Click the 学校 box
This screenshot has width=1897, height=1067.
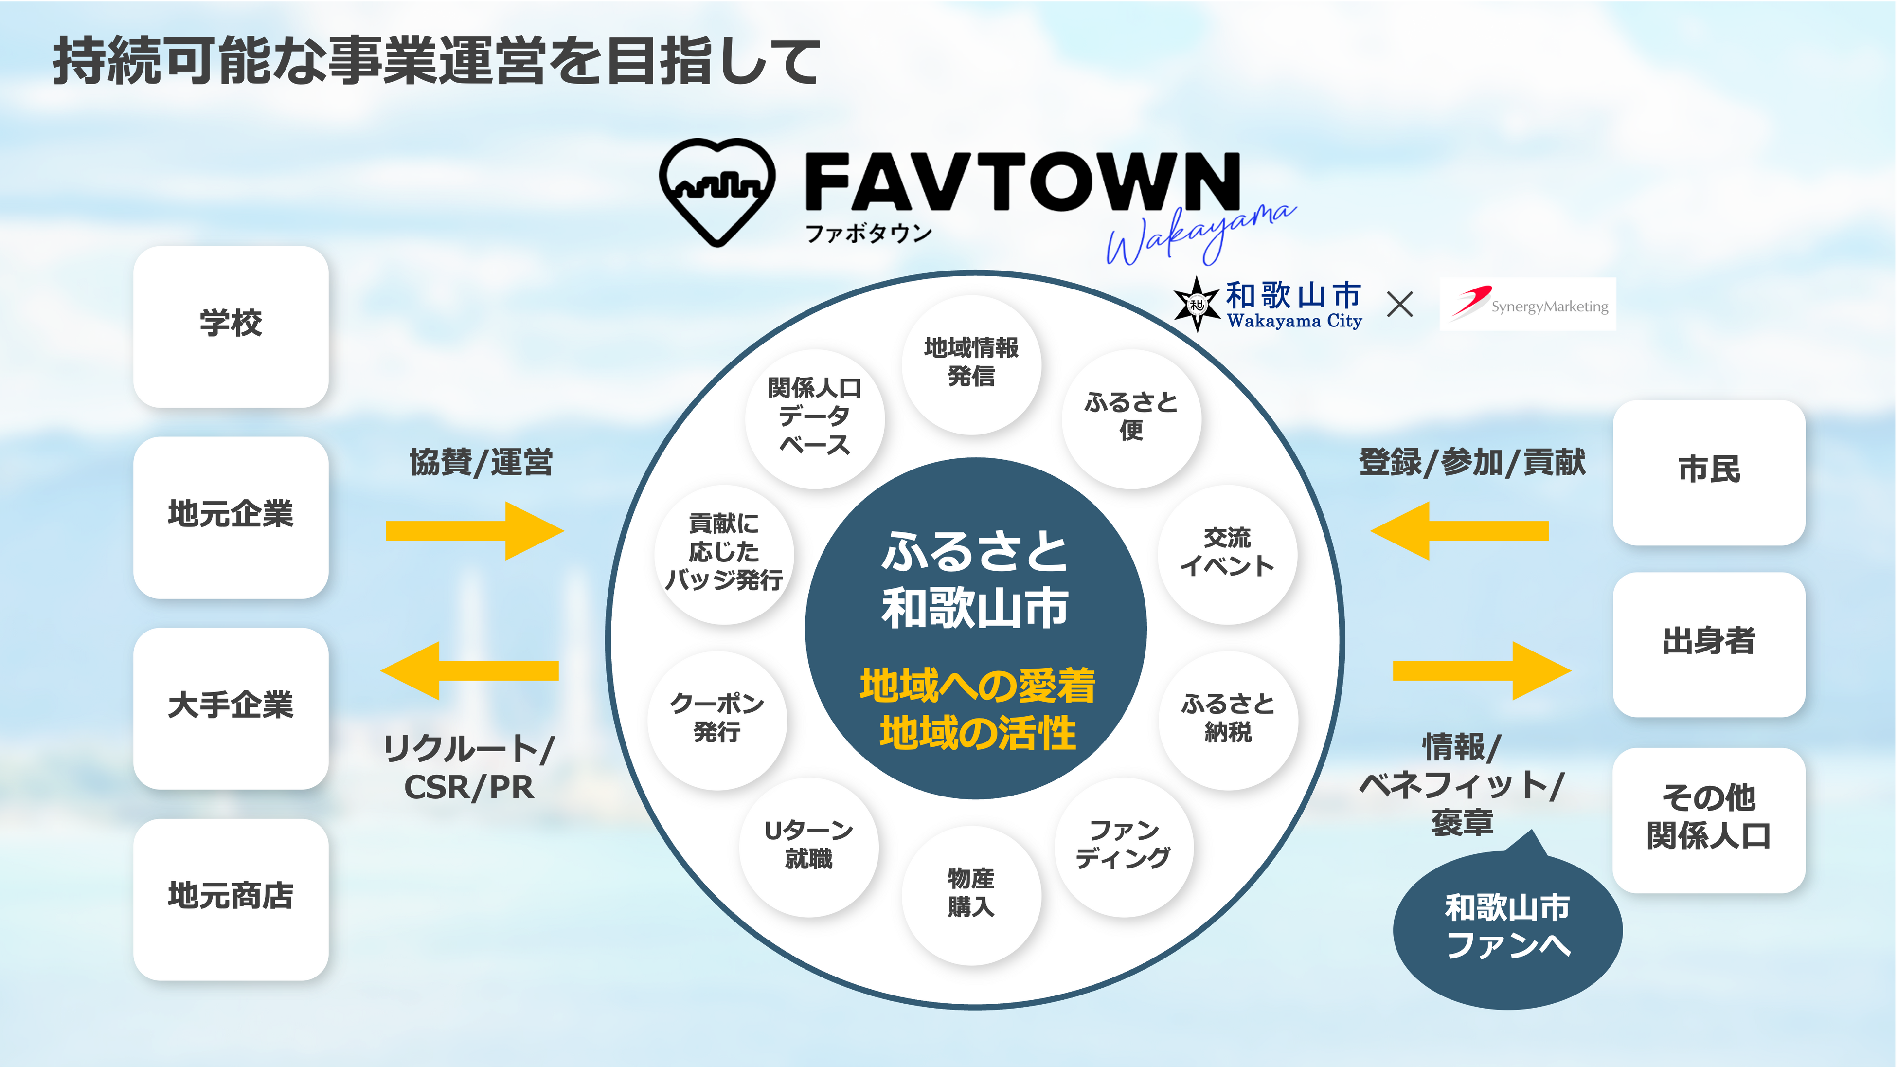click(x=231, y=326)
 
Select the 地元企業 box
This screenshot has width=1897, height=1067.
click(x=231, y=517)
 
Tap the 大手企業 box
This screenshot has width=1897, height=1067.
click(x=231, y=707)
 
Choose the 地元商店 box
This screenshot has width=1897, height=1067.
click(x=231, y=899)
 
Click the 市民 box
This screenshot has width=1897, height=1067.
click(x=1708, y=472)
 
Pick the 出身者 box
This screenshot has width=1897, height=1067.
click(x=1708, y=644)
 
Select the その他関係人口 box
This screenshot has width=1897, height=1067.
click(x=1708, y=819)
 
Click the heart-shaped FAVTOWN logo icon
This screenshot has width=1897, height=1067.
click(x=716, y=191)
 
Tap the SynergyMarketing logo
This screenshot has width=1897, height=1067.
click(x=1527, y=304)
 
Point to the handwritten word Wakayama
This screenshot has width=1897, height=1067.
click(x=1200, y=234)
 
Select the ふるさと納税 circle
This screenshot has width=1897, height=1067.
click(x=1228, y=720)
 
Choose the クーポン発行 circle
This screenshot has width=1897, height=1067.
click(x=716, y=720)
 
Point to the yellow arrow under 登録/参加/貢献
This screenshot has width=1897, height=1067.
click(x=1460, y=530)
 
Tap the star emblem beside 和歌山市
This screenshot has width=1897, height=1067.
click(x=1196, y=304)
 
